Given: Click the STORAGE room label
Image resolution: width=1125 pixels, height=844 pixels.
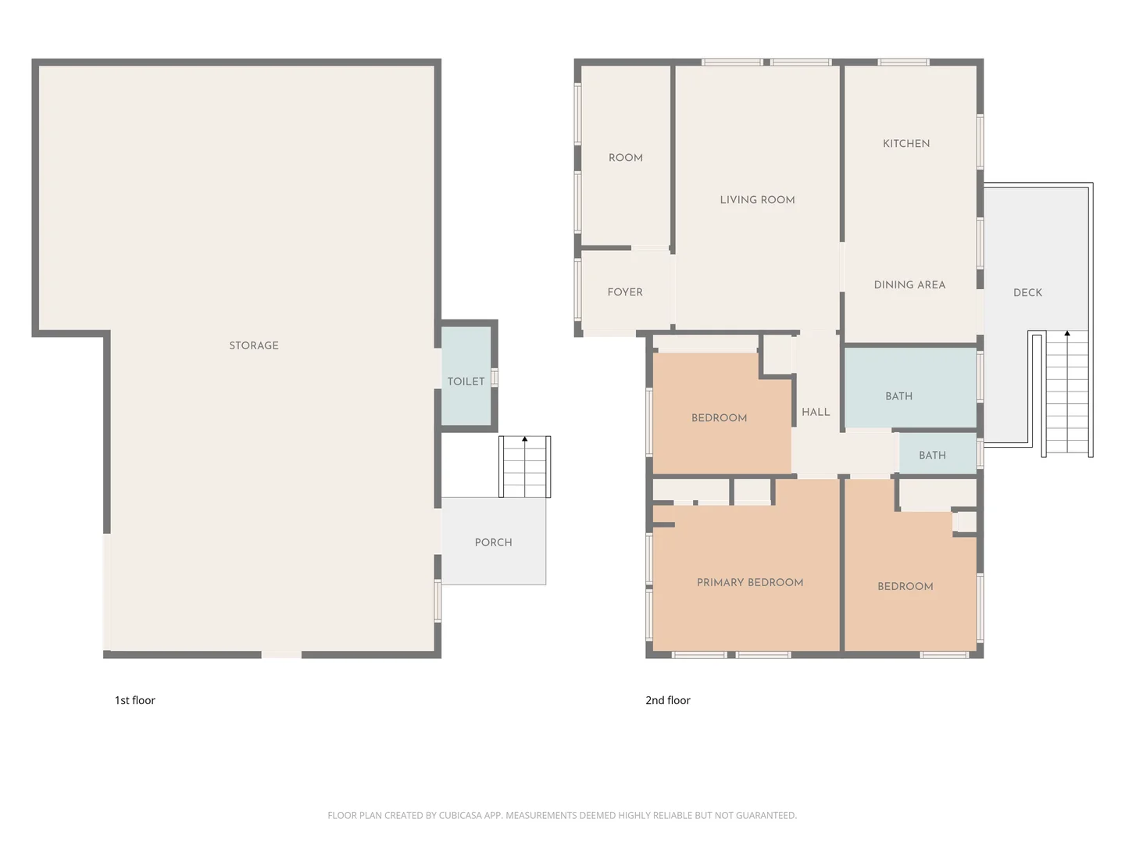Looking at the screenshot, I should (253, 345).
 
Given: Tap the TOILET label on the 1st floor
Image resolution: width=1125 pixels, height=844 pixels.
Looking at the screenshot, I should (466, 381).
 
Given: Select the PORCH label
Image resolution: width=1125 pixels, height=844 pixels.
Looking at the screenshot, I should (493, 542).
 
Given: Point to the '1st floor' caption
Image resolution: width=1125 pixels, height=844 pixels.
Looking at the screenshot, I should (134, 700).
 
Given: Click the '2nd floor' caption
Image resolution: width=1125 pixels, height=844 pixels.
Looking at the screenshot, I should (667, 700).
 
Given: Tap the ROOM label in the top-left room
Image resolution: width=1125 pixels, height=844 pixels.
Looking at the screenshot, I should (625, 158).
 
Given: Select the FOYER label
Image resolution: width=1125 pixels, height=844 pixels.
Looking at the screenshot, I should (625, 292).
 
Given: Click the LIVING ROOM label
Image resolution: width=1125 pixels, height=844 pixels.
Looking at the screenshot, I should (757, 200).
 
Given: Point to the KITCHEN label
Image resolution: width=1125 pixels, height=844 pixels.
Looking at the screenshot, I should (906, 144).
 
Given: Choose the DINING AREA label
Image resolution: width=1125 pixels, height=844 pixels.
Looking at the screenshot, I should (909, 285).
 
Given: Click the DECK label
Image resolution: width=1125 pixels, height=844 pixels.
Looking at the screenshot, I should (1027, 293).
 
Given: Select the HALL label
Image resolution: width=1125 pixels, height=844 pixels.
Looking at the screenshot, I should (816, 413).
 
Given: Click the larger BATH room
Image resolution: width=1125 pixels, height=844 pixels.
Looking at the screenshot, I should (898, 396).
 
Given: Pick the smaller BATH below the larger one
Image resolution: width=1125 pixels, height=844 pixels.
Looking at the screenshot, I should (932, 456).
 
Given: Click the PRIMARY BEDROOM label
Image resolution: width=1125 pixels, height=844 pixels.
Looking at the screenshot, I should (749, 583).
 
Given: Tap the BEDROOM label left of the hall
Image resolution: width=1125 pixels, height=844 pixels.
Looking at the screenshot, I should (719, 418).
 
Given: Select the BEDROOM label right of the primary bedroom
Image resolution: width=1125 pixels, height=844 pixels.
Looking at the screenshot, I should (905, 587).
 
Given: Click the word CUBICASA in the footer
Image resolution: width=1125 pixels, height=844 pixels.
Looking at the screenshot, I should (460, 815).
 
